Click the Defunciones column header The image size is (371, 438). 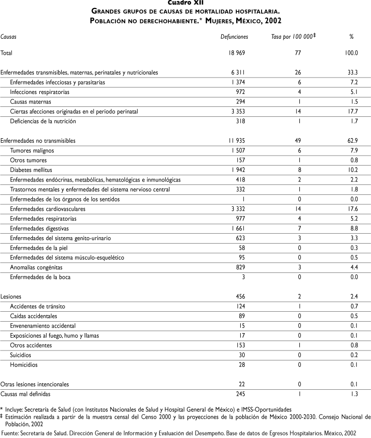234,37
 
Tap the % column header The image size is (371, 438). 352,37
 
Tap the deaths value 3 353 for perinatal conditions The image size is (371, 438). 237,111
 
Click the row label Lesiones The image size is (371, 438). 10,296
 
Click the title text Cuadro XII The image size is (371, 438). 185,2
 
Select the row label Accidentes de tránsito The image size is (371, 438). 37,306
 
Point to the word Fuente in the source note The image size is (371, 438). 11,434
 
